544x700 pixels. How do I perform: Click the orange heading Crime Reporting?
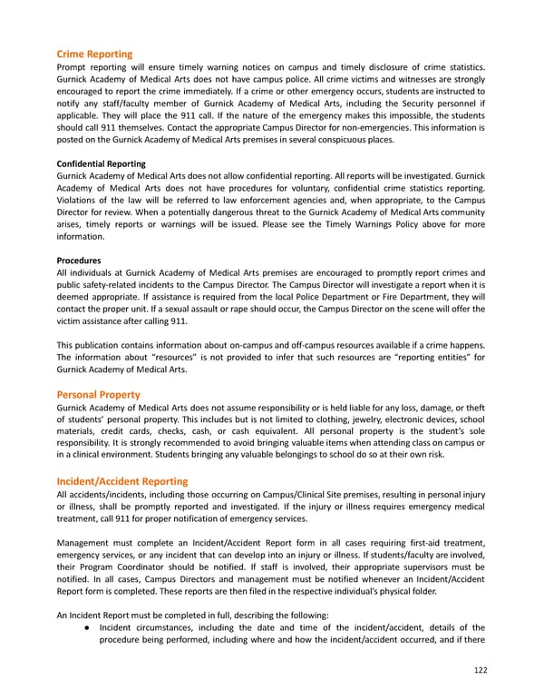coord(94,54)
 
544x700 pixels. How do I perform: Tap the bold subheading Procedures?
coord(80,259)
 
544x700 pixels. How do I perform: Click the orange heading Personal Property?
coord(98,395)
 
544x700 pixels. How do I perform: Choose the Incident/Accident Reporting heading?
coord(121,480)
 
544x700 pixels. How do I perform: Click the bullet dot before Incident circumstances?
coord(85,627)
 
